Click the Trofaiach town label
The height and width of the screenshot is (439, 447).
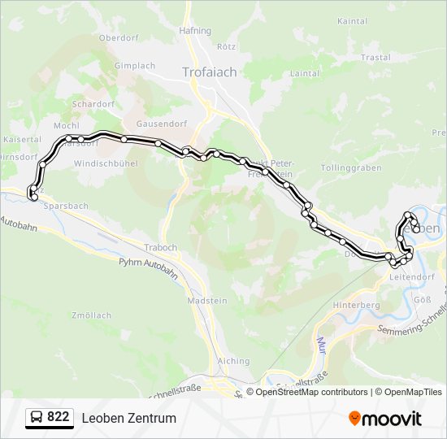(x=210, y=72)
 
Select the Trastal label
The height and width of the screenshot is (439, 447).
(x=375, y=58)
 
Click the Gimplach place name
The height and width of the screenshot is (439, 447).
(x=135, y=66)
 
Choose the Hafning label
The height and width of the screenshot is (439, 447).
(x=195, y=31)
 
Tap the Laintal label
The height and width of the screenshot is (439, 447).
(x=305, y=72)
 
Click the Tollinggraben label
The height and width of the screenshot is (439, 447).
(x=351, y=167)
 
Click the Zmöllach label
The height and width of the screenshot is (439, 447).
(x=91, y=315)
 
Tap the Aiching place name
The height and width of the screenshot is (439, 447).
(x=234, y=360)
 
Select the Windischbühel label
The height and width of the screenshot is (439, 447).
(x=106, y=163)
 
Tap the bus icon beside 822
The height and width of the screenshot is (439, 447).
(x=36, y=418)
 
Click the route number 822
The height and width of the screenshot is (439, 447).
(x=59, y=417)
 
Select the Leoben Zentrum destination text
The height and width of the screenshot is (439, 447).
(x=128, y=419)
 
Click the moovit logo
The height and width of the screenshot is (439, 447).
(x=385, y=419)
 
